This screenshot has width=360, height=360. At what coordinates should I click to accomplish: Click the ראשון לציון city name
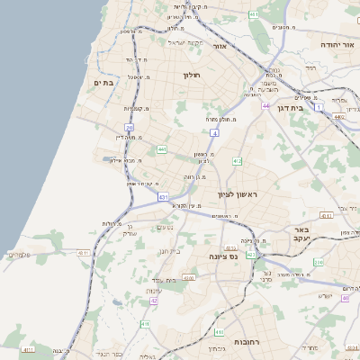tap(238, 194)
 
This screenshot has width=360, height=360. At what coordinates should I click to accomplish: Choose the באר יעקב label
tap(301, 233)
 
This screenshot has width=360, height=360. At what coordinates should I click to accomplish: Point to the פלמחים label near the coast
tap(18, 255)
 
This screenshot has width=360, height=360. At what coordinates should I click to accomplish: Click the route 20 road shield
tap(130, 128)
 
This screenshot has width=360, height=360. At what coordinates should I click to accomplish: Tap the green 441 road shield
tap(162, 149)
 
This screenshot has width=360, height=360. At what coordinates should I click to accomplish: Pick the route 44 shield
tap(265, 106)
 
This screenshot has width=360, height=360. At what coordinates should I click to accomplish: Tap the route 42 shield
tap(154, 301)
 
